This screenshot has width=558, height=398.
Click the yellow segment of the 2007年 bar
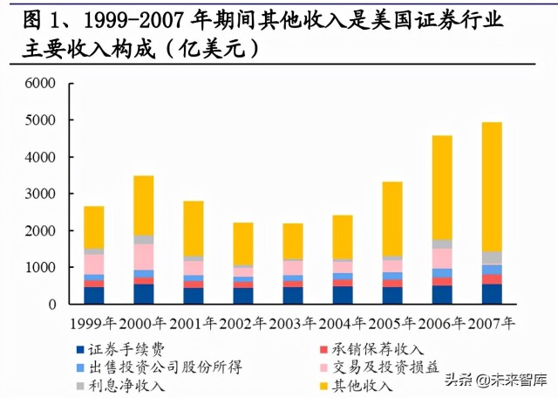point(493,187)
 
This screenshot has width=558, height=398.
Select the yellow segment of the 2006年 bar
point(442,187)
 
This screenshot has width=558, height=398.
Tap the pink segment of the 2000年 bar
point(144,257)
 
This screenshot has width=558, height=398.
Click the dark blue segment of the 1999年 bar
point(94,296)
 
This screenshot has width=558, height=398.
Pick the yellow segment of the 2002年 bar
point(243,244)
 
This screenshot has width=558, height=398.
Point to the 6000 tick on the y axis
point(40,84)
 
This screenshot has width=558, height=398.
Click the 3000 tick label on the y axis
point(40,194)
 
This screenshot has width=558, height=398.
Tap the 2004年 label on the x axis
point(342,322)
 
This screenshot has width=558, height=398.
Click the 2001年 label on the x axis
point(193,322)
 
